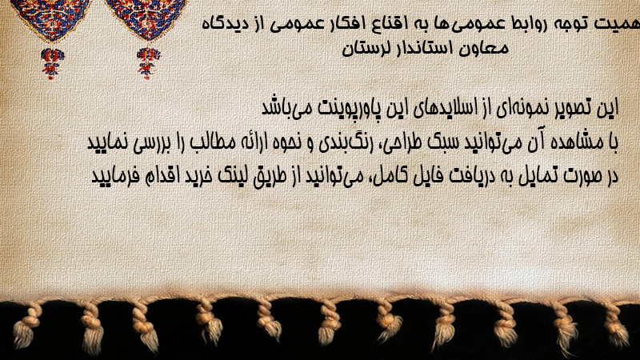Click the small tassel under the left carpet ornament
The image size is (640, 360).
[x=52, y=63]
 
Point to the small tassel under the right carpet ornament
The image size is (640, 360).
[x=148, y=63]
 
